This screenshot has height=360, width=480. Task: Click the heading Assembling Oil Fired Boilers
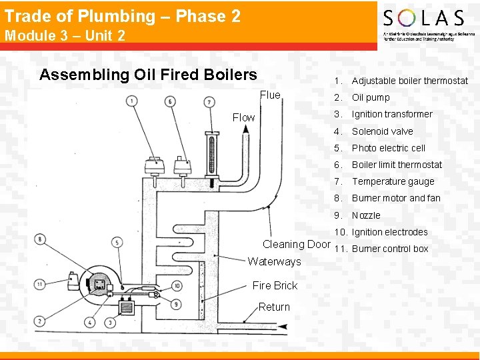pos(148,74)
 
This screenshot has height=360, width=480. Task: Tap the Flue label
pos(270,95)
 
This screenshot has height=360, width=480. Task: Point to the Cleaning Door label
pos(296,244)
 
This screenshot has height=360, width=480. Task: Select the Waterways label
pos(274,261)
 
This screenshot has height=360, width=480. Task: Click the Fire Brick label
pos(275,285)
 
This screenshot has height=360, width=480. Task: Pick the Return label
pos(274,307)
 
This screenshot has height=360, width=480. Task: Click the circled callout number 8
pos(41,239)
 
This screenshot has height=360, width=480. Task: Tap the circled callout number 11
pos(41,285)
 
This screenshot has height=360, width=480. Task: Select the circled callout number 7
pos(209,102)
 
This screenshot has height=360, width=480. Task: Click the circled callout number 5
pos(117,243)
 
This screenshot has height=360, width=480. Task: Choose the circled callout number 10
pos(177,286)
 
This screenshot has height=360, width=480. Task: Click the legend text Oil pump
pos(371,97)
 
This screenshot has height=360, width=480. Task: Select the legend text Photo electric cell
pos(388,148)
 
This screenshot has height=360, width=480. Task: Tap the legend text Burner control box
pos(390,249)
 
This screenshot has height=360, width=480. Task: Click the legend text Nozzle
pos(366,215)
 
